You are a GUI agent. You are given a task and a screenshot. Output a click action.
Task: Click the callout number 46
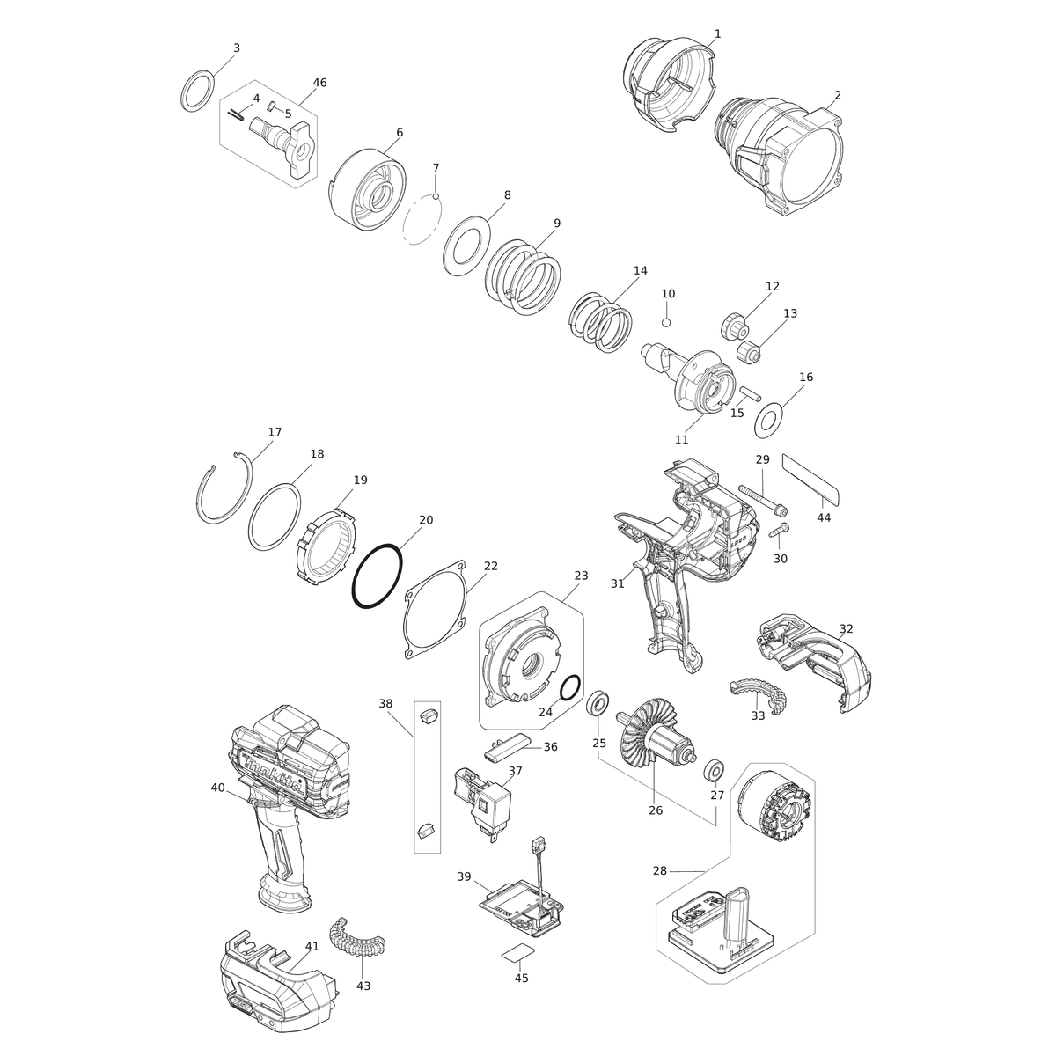(x=319, y=83)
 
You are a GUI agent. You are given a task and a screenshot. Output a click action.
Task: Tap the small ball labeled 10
(x=666, y=322)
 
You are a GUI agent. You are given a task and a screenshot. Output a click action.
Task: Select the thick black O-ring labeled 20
(x=378, y=576)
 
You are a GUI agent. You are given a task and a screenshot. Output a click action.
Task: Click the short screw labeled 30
(x=781, y=530)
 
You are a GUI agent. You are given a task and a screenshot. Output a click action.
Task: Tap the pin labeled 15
(x=748, y=394)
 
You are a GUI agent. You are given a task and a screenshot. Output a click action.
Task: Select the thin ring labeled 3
(x=197, y=91)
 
